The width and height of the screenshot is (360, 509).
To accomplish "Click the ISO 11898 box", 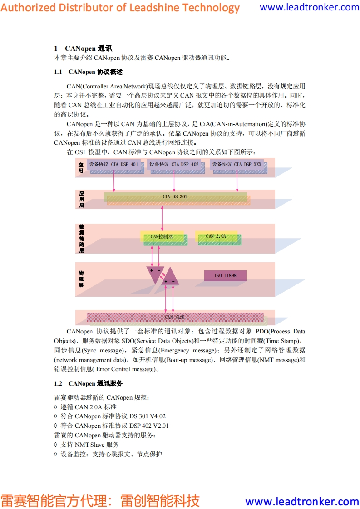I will pyautogui.click(x=225, y=275).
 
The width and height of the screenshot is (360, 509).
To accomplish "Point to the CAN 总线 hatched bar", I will pyautogui.click(x=175, y=317).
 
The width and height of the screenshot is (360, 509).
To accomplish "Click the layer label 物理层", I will pyautogui.click(x=81, y=279).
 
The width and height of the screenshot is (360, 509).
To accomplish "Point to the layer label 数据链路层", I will pyautogui.click(x=81, y=238).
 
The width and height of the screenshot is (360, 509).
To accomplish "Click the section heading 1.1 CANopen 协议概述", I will pyautogui.click(x=89, y=72).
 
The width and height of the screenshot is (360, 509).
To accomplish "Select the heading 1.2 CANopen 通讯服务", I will pyautogui.click(x=89, y=383).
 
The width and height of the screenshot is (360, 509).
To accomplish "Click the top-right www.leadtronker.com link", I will pyautogui.click(x=309, y=7).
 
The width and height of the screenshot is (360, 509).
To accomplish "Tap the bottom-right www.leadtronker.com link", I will pyautogui.click(x=302, y=501).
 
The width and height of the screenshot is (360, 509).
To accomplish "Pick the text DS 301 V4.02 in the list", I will pyautogui.click(x=148, y=416).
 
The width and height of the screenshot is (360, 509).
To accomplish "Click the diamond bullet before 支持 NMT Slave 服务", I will pyautogui.click(x=56, y=445).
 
